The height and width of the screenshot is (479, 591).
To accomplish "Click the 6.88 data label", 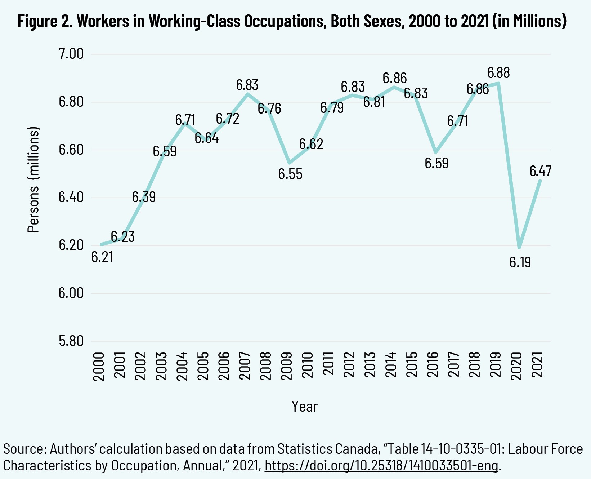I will (x=498, y=73).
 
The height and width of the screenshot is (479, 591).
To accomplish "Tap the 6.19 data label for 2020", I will (x=520, y=262).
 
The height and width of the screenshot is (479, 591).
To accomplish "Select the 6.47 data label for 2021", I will (x=540, y=171).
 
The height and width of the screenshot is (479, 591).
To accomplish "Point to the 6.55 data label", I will (x=290, y=174).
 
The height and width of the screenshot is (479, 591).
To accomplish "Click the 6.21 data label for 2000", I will (x=102, y=257).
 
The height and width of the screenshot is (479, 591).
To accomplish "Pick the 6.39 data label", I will (x=144, y=197).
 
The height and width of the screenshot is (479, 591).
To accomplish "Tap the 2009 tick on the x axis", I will (x=287, y=365).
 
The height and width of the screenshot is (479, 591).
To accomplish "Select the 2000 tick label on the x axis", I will (x=99, y=365).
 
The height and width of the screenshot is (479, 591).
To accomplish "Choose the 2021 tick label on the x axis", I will (x=538, y=365).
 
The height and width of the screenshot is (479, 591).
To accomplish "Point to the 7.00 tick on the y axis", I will (x=71, y=54).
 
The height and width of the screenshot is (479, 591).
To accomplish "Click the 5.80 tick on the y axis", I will (x=71, y=341).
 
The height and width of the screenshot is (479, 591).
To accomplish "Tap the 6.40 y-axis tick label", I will (x=71, y=198).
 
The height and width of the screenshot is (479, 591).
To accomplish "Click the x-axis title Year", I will (x=305, y=407).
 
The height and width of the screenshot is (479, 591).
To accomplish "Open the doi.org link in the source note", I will (x=381, y=465).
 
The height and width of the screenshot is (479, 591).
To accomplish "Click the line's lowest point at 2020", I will (x=519, y=248).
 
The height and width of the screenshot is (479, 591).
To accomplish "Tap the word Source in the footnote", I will (x=23, y=449).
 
